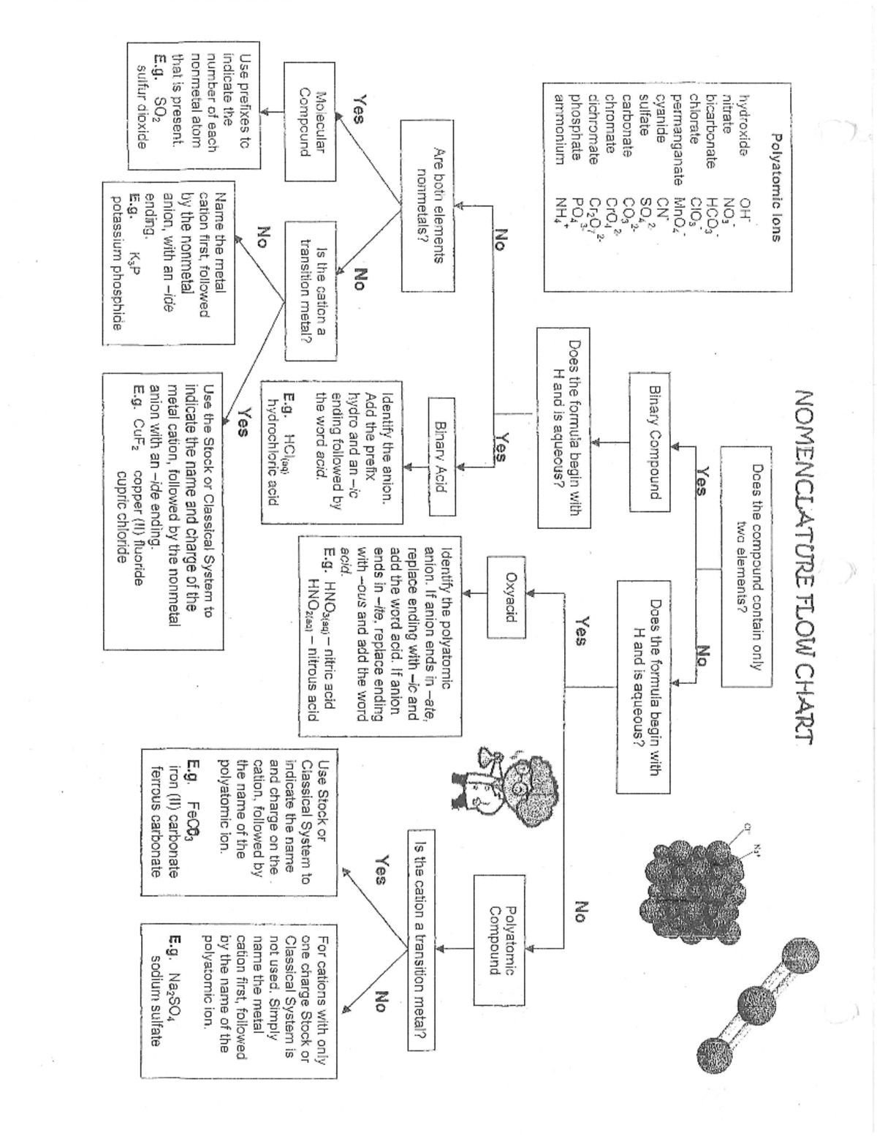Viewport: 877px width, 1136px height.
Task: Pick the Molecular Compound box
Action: click(x=310, y=121)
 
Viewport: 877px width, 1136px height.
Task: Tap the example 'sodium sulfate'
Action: click(x=155, y=999)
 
